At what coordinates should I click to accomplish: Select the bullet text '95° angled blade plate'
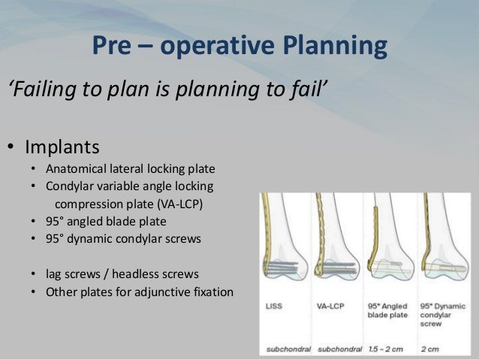(x=106, y=222)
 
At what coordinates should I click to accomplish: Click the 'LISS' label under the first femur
(x=275, y=307)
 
